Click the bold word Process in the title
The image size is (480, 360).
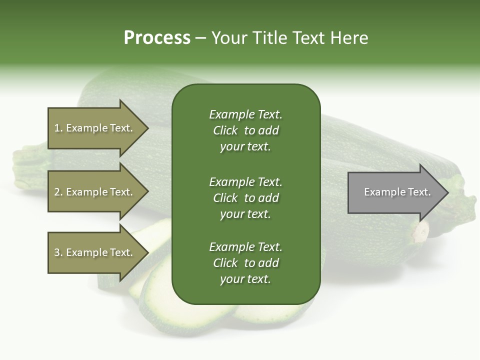tap(157, 38)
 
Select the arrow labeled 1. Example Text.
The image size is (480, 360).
tap(95, 128)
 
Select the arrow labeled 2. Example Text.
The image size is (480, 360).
tap(95, 192)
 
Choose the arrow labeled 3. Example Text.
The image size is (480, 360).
tap(95, 252)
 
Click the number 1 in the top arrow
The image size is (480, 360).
tap(57, 128)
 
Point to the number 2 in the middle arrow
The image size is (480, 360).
tap(57, 192)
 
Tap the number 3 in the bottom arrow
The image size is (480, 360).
tap(57, 253)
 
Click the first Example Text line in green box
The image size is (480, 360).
tap(245, 114)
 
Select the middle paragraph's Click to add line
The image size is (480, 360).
tap(245, 198)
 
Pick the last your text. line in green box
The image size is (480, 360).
tap(245, 279)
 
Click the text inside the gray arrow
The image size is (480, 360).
tap(397, 192)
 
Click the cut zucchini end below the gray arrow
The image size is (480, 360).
tap(420, 231)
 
